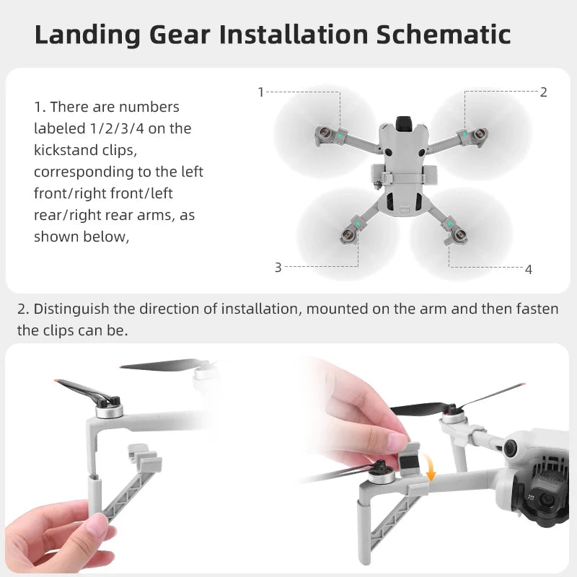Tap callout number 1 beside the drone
click(x=261, y=92)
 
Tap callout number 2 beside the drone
click(x=543, y=92)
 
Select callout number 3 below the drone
click(x=278, y=267)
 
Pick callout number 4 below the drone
click(x=528, y=269)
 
